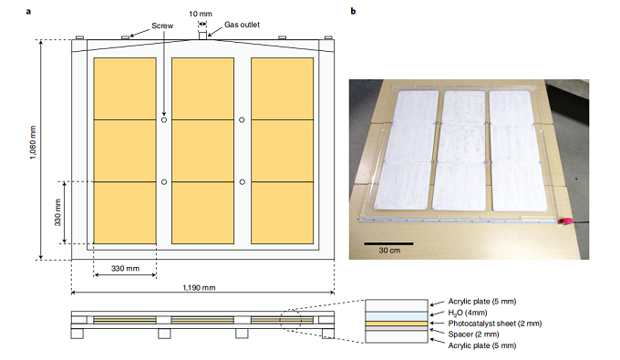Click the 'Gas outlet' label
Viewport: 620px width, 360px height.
tap(242, 25)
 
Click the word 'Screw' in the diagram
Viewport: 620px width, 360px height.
tap(162, 26)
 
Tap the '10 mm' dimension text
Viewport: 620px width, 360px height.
tap(200, 14)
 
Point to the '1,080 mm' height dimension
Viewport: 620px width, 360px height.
tap(33, 142)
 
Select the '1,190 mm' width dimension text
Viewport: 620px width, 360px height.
tap(199, 288)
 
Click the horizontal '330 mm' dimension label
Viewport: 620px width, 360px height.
tap(125, 268)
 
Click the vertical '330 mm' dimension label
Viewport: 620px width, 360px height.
tap(57, 212)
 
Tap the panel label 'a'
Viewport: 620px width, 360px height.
tap(28, 12)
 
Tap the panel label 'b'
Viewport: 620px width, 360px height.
tap(353, 11)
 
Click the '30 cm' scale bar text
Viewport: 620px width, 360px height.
tap(389, 250)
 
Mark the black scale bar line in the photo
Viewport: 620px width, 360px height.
tap(388, 244)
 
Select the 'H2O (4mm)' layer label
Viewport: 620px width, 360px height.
tap(468, 313)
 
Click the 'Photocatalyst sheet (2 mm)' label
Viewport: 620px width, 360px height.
tap(495, 324)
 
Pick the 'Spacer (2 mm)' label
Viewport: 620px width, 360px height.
tap(474, 334)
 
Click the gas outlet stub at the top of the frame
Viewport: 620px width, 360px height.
tap(202, 36)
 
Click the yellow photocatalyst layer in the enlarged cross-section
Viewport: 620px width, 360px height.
tap(397, 324)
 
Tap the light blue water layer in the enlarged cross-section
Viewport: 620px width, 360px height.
tap(397, 316)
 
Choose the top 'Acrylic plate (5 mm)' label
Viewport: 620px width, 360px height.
tap(482, 302)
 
